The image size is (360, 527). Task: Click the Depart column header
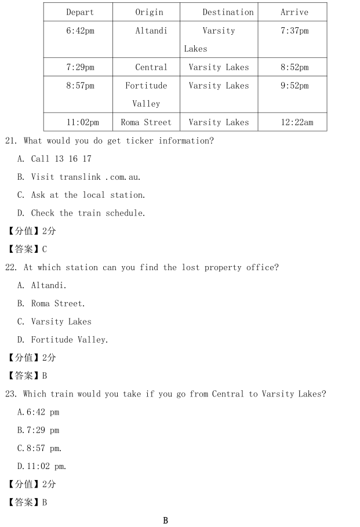80,12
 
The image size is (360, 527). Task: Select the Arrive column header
294,12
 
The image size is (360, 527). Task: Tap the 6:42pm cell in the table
80,31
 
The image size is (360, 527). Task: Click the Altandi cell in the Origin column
151,31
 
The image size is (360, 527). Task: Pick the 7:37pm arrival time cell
294,31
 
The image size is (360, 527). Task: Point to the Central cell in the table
151,67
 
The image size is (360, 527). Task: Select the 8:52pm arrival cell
294,67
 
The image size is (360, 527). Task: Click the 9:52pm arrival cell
294,86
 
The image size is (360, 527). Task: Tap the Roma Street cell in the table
146,122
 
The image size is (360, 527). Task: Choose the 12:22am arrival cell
294,122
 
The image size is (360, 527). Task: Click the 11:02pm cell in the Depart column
82,122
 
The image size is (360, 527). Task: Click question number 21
11,141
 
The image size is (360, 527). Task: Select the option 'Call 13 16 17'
61,159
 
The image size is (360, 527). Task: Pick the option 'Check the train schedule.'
88,213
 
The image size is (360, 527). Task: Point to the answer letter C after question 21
45,249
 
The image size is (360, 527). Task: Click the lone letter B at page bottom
165,520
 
